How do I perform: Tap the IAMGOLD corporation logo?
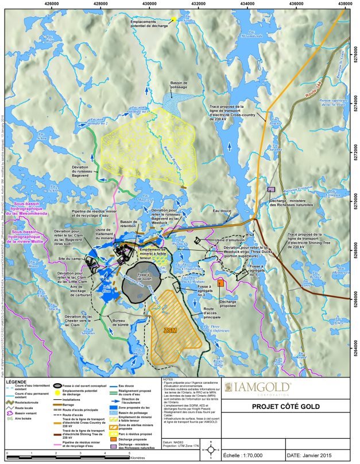(258, 388)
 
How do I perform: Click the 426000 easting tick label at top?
(52, 3)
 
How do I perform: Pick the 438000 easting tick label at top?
(346, 3)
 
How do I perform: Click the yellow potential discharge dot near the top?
(173, 19)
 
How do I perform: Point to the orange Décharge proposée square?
(220, 284)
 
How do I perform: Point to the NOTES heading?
(168, 379)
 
